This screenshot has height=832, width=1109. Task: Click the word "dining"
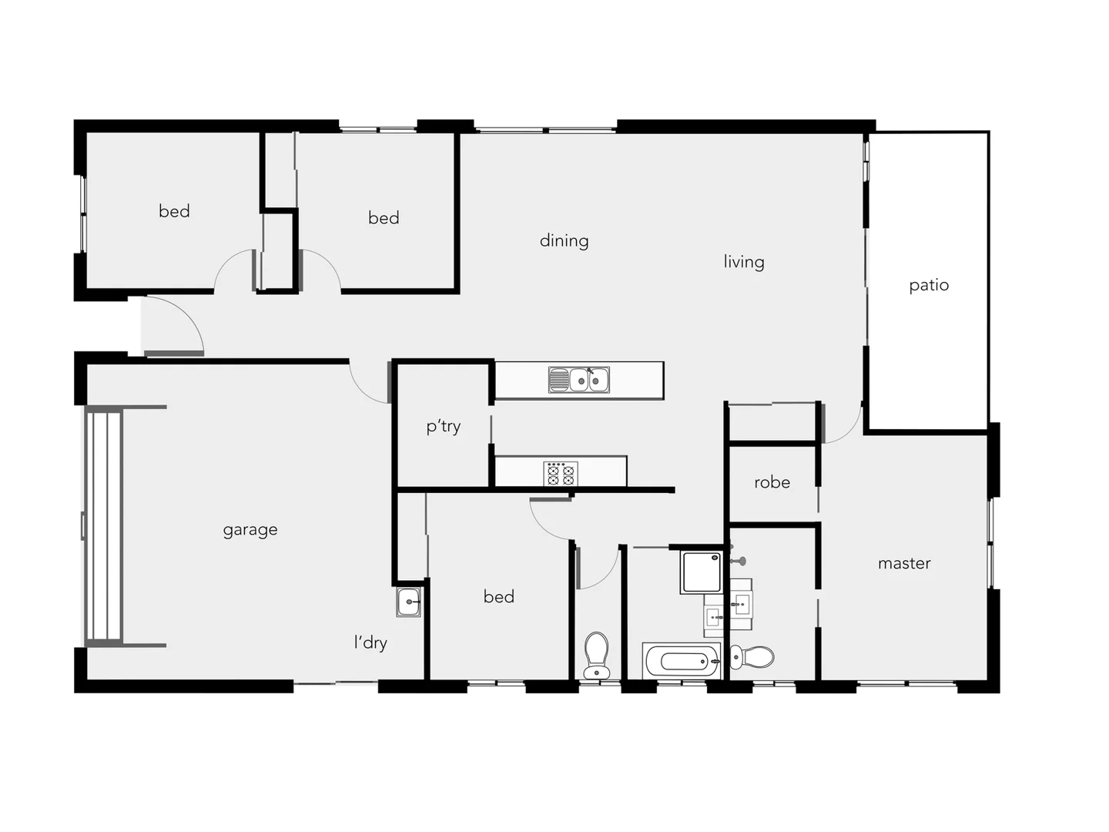[564, 240]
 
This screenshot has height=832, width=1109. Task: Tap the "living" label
[743, 262]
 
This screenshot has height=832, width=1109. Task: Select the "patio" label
[928, 285]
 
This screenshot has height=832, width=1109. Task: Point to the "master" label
[904, 563]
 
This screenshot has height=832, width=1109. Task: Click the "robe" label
[772, 482]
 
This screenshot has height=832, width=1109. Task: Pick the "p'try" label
[444, 427]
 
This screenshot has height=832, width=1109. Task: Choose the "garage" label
[250, 530]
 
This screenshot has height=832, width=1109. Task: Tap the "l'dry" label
[370, 642]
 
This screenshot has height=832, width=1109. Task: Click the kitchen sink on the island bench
[579, 380]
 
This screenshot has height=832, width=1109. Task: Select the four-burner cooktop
[561, 473]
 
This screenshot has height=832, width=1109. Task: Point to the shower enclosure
[701, 572]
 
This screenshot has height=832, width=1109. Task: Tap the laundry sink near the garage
[409, 602]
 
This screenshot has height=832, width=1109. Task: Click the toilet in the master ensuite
[752, 657]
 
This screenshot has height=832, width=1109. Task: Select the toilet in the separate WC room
[597, 655]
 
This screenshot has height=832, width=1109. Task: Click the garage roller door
[103, 526]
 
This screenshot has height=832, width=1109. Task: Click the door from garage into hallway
[370, 382]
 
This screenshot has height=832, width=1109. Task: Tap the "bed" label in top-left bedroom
[174, 211]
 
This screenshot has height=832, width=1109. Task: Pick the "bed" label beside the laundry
[498, 596]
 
